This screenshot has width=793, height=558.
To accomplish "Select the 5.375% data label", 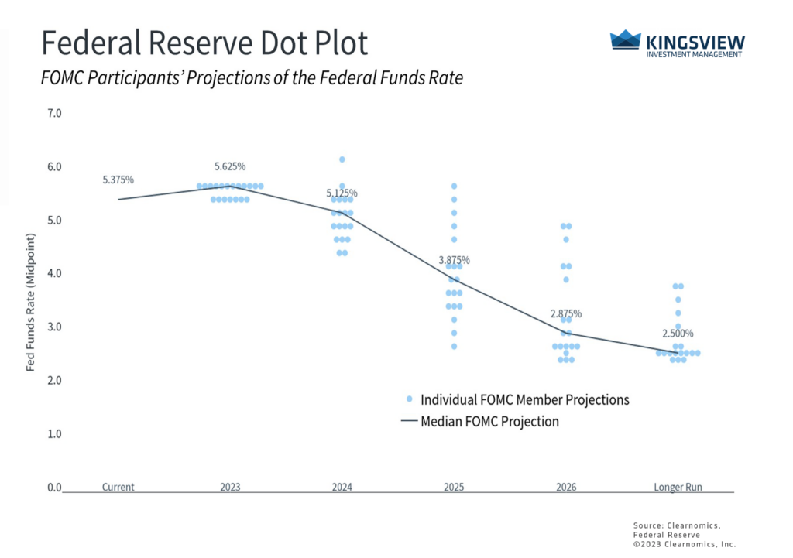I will [118, 180].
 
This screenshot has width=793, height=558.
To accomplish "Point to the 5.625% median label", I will [230, 166].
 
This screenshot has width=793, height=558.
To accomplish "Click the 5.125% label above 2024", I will [342, 193].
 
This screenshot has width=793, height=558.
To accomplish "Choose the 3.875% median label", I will [454, 260].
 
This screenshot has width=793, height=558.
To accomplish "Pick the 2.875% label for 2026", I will [566, 313].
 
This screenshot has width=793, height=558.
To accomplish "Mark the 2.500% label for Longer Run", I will [678, 334].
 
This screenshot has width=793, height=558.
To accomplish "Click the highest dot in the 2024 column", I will [342, 159].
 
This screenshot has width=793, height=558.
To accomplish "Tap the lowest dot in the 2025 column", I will [455, 346].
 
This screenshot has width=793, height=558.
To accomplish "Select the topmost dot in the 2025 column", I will [455, 186].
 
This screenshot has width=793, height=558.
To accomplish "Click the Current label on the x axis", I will [118, 488].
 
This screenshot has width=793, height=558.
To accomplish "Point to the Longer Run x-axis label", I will [678, 488].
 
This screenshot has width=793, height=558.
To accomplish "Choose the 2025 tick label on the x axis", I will [455, 488].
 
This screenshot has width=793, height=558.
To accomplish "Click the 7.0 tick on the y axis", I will [54, 113].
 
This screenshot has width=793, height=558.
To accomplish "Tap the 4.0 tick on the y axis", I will [54, 273].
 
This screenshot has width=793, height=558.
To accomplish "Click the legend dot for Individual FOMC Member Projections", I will [409, 400].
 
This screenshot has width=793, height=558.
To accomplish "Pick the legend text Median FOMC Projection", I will [489, 422].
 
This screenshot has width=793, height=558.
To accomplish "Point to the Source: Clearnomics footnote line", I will [676, 525].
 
